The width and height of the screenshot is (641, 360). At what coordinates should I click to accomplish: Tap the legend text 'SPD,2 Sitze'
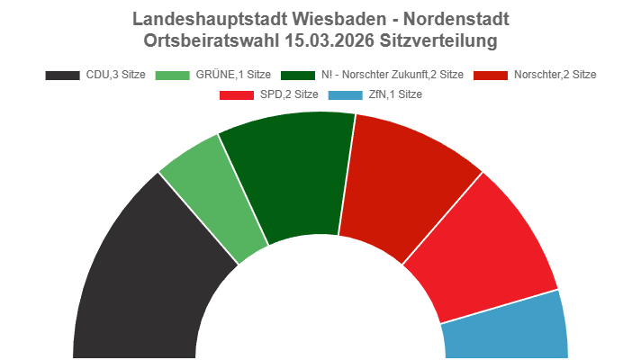pos(288,94)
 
